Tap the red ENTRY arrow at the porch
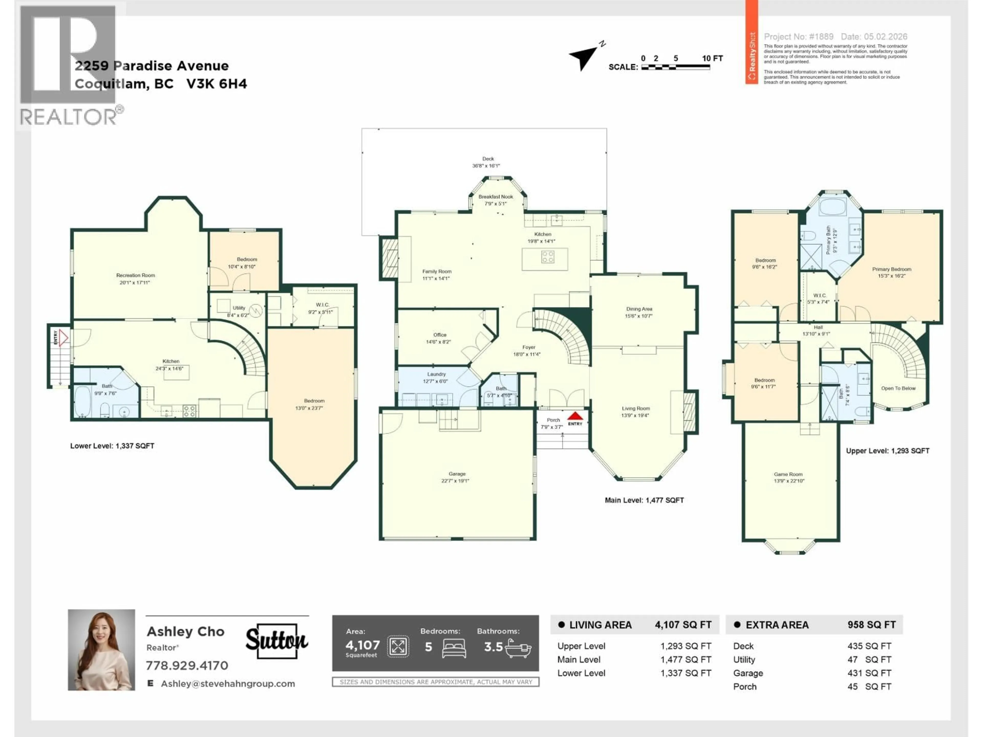point(575,416)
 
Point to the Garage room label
point(456,477)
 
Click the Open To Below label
point(898,388)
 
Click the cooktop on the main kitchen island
point(548,256)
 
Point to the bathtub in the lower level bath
point(82,401)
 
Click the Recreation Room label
point(135,278)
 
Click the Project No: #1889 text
point(799,37)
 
